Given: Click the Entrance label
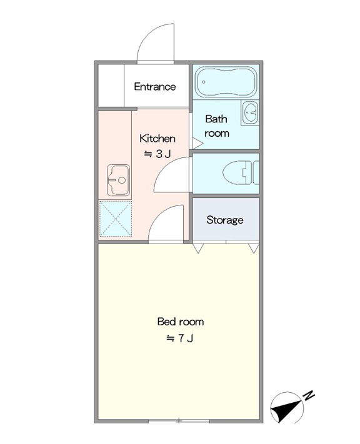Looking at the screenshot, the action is pos(155,87).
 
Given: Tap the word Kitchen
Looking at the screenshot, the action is pos(157,139).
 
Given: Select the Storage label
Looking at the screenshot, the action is pos(225,220).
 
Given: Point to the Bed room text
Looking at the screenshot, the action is pos(181,322).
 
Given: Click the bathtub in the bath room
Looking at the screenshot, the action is pos(226,82).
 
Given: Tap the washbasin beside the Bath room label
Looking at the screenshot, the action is pos(250,112).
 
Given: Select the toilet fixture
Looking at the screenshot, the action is pos(241,173).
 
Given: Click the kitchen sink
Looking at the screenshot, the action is pos(119,180).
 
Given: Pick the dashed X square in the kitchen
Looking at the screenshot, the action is pos(116,219).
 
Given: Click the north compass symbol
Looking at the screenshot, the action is pos(286,408).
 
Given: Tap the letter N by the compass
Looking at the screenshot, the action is pos(309,395).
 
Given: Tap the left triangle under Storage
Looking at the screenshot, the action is pos(198,248).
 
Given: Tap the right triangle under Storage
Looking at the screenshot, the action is pos(254,248).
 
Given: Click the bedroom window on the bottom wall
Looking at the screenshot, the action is pos(179,422).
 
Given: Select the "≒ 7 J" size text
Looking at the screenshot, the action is pos(180,338).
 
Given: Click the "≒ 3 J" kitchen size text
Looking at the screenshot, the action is pos(157,154).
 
